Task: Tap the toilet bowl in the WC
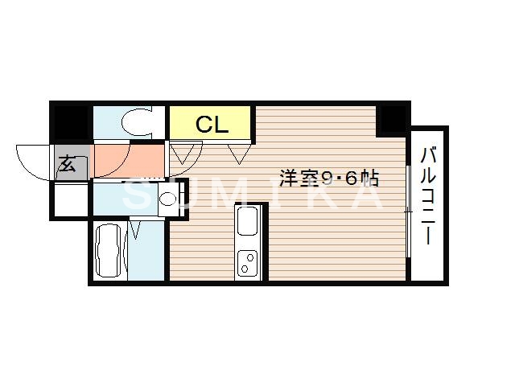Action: (134, 123)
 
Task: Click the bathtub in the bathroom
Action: (109, 251)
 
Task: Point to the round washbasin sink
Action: (168, 199)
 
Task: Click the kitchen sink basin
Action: (247, 220)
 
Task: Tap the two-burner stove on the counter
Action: (247, 262)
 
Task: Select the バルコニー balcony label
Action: (429, 197)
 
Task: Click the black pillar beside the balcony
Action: (393, 120)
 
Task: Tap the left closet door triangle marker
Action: (184, 152)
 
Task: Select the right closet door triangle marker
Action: (239, 152)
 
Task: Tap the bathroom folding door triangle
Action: (134, 231)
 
